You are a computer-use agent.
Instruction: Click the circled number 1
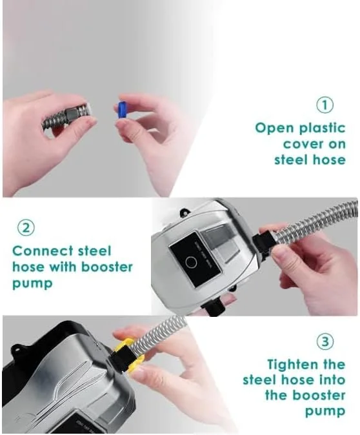[325, 105]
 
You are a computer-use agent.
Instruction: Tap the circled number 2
[26, 228]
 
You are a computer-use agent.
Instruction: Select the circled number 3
[325, 341]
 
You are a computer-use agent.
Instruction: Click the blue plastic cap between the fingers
[122, 110]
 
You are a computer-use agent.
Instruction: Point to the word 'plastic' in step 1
[323, 128]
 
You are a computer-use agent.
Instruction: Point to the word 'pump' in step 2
[32, 284]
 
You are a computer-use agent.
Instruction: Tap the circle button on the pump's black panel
[191, 262]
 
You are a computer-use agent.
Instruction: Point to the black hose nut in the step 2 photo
[262, 243]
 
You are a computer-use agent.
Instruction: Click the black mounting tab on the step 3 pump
[17, 351]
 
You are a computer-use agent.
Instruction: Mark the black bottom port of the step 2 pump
[214, 308]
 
